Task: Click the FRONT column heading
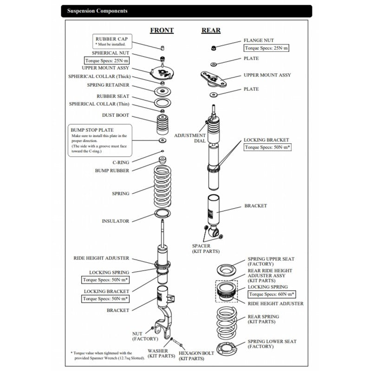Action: click(x=162, y=31)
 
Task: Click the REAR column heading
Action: click(x=211, y=31)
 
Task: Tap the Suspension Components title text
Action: click(x=97, y=11)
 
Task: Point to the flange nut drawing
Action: click(x=213, y=47)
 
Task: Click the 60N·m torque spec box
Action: click(x=272, y=294)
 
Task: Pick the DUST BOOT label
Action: click(x=116, y=115)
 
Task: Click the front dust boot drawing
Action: click(x=162, y=124)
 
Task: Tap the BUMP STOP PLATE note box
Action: click(x=100, y=140)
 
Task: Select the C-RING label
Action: click(x=121, y=162)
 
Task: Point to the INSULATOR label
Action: click(x=116, y=221)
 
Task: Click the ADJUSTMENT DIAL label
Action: click(x=190, y=138)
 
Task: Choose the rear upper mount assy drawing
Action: click(x=213, y=79)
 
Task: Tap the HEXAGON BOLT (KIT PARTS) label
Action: click(x=191, y=356)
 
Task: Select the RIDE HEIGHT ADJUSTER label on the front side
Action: click(x=101, y=258)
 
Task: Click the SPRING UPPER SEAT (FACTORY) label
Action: click(x=271, y=261)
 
